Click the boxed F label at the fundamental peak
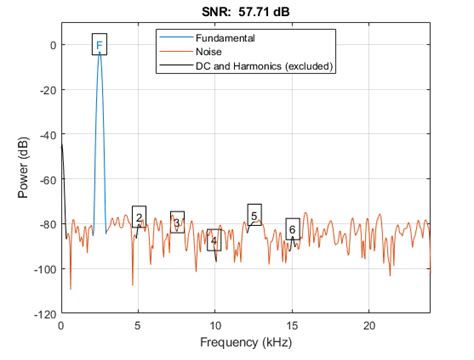click(x=99, y=44)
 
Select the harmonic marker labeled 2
click(x=139, y=217)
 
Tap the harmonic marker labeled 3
click(x=177, y=223)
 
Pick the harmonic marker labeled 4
click(x=214, y=241)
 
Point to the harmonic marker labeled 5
click(x=254, y=215)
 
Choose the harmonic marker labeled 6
click(x=292, y=230)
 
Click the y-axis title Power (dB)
click(x=22, y=167)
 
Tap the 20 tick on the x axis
click(x=369, y=325)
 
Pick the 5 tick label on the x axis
click(x=139, y=325)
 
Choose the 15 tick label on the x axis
click(x=292, y=325)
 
